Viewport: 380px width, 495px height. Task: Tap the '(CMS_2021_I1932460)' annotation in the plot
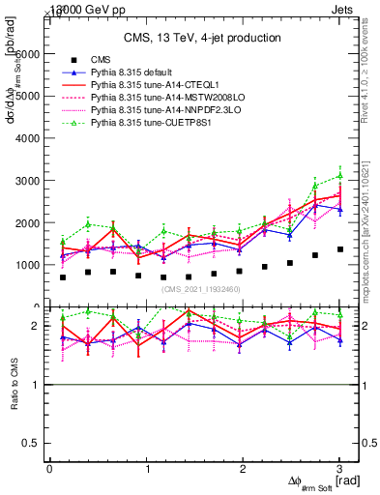point(201,289)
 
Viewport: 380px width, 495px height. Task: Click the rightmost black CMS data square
point(339,249)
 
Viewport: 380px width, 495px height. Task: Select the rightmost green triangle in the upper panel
point(339,176)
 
